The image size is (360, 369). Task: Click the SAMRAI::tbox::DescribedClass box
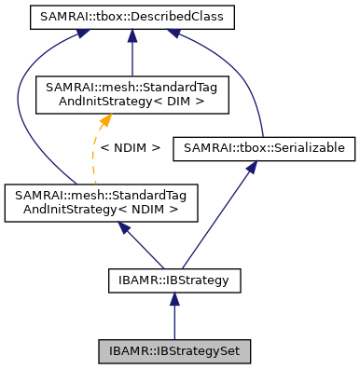(132, 17)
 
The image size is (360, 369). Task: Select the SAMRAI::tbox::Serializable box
(263, 147)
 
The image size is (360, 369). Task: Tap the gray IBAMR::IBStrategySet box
(173, 352)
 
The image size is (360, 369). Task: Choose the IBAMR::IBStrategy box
(173, 279)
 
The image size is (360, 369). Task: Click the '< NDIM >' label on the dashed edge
(130, 147)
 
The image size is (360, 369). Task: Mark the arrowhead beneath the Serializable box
(251, 166)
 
